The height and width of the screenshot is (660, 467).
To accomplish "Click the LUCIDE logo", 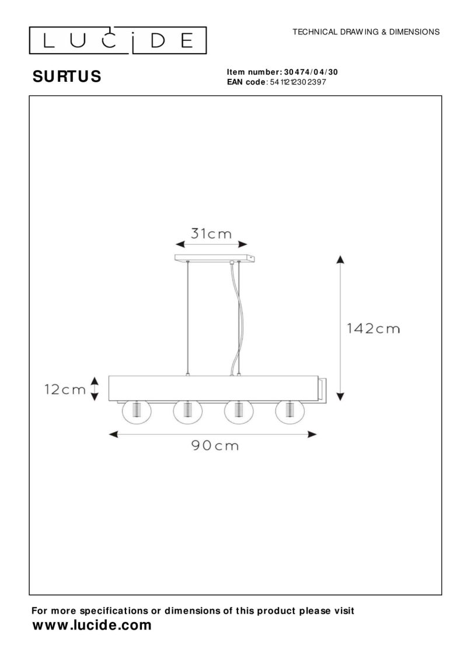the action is point(118,40).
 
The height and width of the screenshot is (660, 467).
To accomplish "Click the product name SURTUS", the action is point(67,76).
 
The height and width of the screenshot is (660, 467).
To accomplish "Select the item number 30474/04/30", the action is point(311,72).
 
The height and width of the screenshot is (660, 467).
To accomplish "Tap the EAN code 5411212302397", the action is point(298,82).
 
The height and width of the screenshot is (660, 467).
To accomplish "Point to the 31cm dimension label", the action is point(211,233).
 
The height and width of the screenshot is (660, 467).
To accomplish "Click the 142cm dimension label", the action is point(373,329).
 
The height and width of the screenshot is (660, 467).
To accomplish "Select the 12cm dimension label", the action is point(65,389).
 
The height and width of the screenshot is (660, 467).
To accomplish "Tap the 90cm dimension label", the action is point(215,445).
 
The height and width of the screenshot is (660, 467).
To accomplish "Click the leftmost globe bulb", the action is point(136,411).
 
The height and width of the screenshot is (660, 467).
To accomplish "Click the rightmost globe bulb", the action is point(290,411).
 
